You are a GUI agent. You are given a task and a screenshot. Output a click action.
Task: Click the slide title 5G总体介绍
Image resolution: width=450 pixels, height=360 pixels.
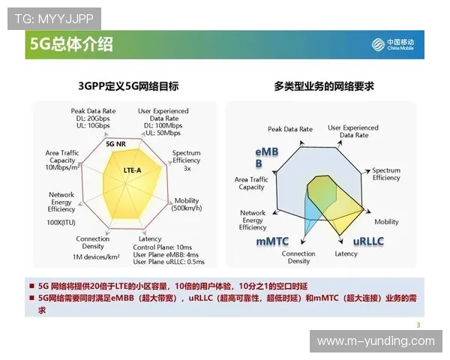tap(72, 44)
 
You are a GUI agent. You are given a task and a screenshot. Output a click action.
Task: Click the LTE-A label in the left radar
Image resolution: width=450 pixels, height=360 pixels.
tap(132, 170)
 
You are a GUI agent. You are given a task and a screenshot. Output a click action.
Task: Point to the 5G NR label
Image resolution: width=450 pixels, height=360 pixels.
tap(115, 143)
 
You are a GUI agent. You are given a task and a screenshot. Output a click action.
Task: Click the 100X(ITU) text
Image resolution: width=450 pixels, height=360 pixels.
tap(61, 223)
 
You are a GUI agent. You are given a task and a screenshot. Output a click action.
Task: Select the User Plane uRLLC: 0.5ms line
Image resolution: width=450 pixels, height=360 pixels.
tap(169, 262)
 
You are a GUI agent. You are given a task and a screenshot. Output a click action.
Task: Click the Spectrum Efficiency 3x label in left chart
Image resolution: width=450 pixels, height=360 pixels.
tap(187, 160)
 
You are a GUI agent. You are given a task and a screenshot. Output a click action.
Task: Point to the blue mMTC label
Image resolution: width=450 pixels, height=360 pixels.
tap(273, 241)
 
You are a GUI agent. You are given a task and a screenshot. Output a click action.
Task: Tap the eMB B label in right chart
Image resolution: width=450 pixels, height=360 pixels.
tap(266, 157)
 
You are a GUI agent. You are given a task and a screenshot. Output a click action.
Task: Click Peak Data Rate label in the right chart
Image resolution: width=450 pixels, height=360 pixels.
tap(289, 129)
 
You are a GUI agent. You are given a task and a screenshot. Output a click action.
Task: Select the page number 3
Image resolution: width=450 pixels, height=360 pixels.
tap(418, 324)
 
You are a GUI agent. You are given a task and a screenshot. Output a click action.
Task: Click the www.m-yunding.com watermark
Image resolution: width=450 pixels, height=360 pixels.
tap(376, 341)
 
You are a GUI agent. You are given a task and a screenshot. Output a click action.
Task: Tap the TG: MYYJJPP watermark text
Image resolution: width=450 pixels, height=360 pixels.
tap(53, 16)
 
